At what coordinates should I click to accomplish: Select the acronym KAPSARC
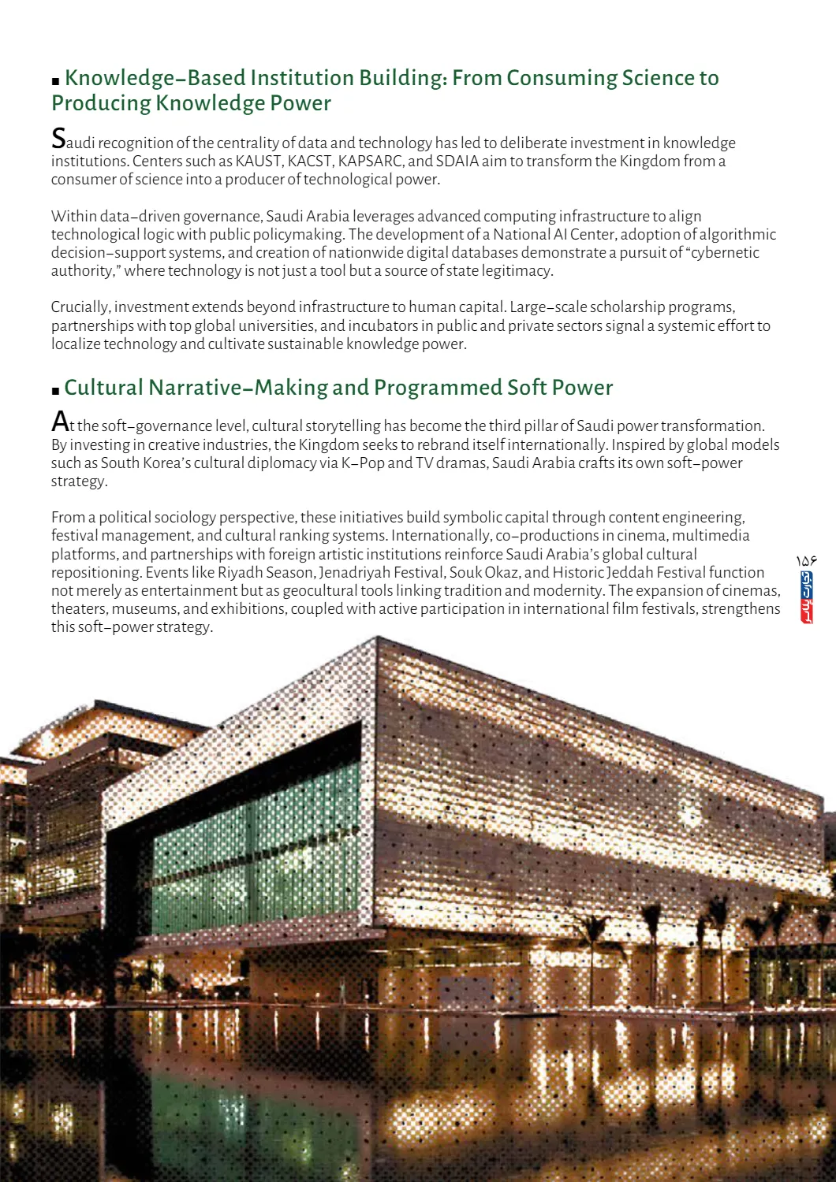click(371, 162)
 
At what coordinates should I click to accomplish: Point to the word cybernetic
click(725, 253)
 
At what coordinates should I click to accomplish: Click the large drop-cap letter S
click(58, 139)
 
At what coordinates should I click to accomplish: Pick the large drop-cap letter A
click(60, 422)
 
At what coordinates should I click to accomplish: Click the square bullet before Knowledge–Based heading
click(55, 81)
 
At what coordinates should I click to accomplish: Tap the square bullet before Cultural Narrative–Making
click(55, 390)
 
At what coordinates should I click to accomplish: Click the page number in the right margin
click(806, 560)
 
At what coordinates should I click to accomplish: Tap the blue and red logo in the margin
click(806, 597)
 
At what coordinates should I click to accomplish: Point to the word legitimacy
click(520, 271)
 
